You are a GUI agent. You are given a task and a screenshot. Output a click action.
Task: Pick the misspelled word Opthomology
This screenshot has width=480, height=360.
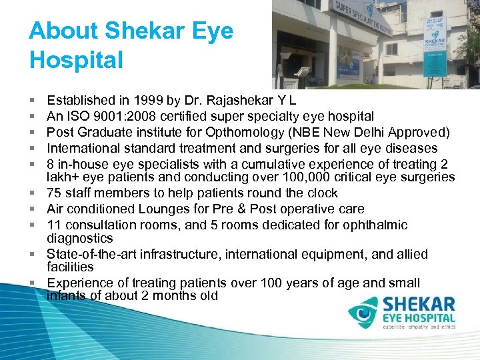(260, 132)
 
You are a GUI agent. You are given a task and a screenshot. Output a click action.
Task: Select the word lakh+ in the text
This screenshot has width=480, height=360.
(63, 177)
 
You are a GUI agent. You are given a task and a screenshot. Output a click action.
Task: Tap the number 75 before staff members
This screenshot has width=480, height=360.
(55, 193)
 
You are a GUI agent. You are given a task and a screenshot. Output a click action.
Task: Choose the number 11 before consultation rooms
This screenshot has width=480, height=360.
(54, 225)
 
